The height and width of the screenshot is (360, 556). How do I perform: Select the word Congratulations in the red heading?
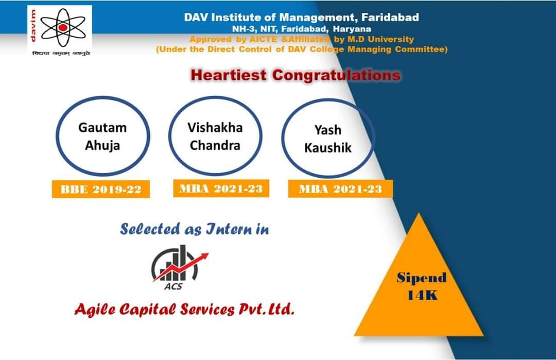tap(337, 75)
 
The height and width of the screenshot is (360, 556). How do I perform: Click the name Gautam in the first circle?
tap(102, 127)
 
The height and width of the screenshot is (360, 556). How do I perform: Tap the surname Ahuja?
tap(102, 145)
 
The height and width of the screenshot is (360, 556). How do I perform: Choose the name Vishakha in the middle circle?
tap(215, 127)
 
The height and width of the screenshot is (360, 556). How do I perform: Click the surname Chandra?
tap(215, 145)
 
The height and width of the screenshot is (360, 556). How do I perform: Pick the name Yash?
tap(328, 130)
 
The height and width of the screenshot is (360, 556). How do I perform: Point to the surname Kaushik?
tap(328, 147)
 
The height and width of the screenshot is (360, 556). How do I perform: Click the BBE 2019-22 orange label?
tap(101, 189)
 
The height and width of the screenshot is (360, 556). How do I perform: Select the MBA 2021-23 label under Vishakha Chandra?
tap(221, 188)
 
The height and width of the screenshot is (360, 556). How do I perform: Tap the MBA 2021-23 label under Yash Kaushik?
tap(340, 188)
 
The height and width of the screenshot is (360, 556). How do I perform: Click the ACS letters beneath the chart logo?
tap(173, 286)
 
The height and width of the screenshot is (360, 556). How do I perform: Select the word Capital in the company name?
tap(148, 310)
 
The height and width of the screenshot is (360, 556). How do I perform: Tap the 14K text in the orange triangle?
tap(422, 295)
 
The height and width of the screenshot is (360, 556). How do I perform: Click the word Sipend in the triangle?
tap(422, 278)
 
